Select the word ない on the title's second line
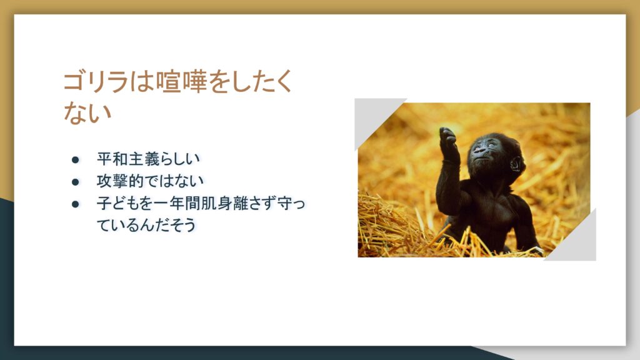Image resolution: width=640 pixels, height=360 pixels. click(x=87, y=112)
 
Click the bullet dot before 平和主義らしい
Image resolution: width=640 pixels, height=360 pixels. click(x=75, y=159)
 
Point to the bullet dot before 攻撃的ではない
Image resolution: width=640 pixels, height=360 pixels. click(x=75, y=182)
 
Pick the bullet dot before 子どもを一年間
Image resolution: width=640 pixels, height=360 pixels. click(x=75, y=204)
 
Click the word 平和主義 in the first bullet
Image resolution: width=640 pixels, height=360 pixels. click(x=127, y=159)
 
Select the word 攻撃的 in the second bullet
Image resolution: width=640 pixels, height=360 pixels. click(x=120, y=181)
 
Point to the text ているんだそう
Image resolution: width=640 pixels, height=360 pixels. click(x=146, y=224)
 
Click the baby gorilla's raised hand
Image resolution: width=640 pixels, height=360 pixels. click(x=447, y=137)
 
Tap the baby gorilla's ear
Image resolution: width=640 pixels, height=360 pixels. click(x=516, y=164)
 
